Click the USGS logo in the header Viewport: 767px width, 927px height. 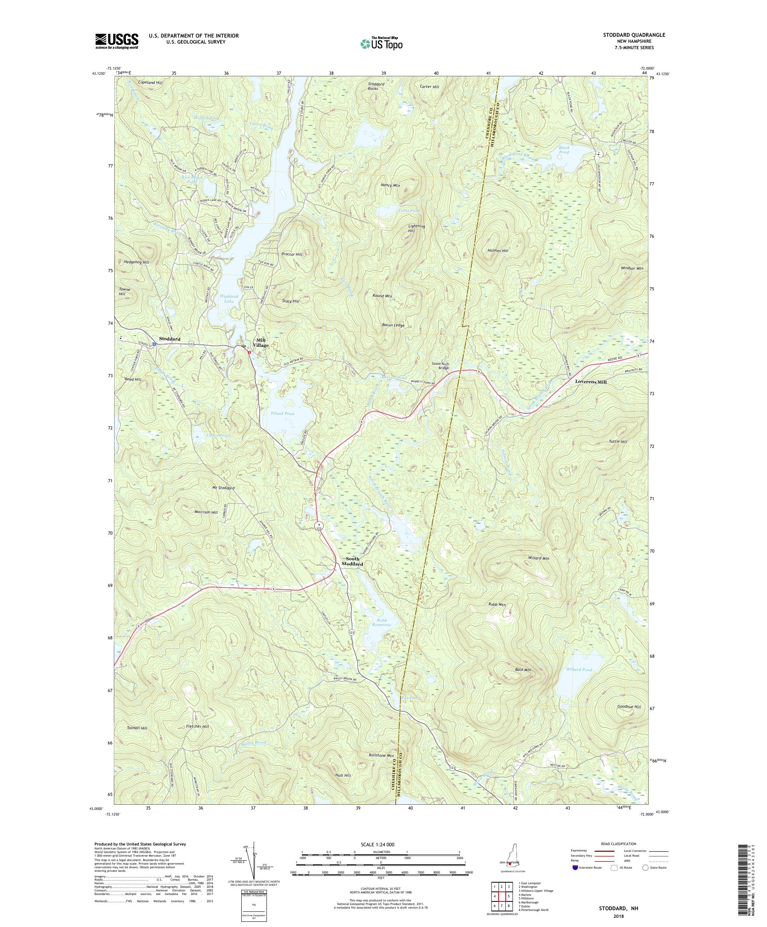click(117, 42)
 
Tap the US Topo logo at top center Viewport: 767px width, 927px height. click(382, 43)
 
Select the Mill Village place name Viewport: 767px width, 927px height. click(260, 342)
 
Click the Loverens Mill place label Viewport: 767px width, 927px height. click(590, 382)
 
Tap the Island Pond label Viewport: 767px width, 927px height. click(282, 414)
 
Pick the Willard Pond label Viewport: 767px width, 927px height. click(578, 670)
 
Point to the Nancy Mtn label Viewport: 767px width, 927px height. click(390, 186)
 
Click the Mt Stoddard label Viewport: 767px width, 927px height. click(223, 488)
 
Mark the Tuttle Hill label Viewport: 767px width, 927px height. click(618, 442)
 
